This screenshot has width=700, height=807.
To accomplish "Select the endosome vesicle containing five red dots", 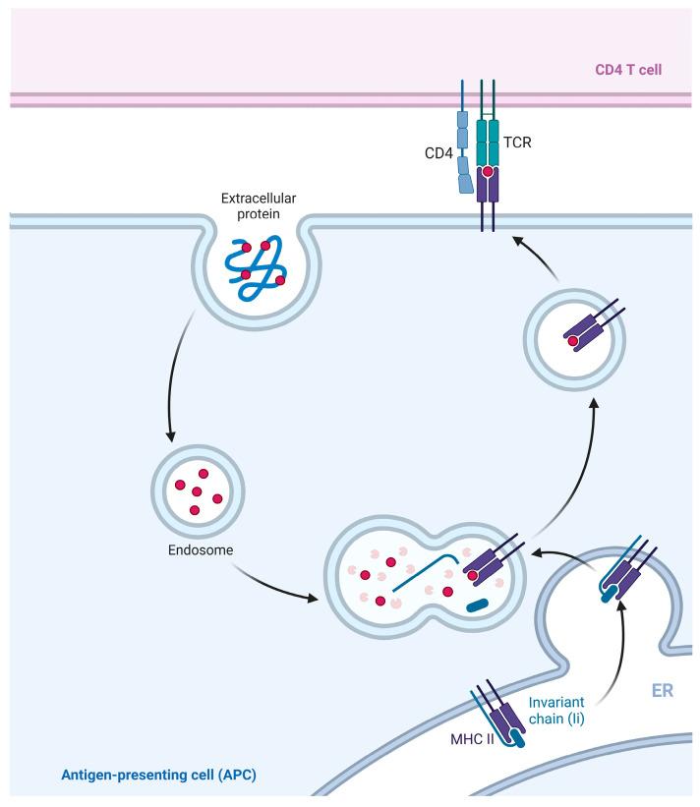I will click(x=197, y=488).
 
